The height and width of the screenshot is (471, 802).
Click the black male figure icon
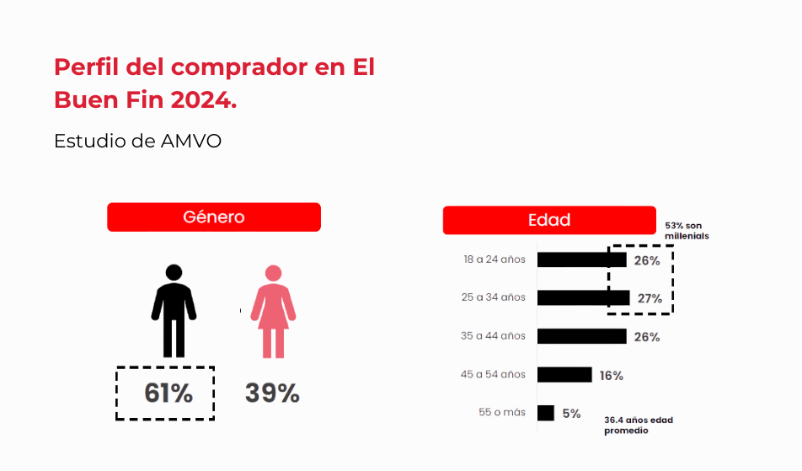pyautogui.click(x=174, y=311)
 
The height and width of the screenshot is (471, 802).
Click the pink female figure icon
pyautogui.click(x=273, y=311)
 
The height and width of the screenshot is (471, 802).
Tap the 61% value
pyautogui.click(x=168, y=393)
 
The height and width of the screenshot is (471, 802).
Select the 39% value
pyautogui.click(x=272, y=393)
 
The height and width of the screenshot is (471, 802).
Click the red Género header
pyautogui.click(x=214, y=217)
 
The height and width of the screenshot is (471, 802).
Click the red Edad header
pyautogui.click(x=549, y=221)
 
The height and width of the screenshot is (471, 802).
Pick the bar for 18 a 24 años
pyautogui.click(x=581, y=260)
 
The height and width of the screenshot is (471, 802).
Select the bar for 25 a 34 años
pyautogui.click(x=583, y=297)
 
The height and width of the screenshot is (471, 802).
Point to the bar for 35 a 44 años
pyautogui.click(x=581, y=336)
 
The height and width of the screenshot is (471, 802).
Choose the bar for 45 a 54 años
pyautogui.click(x=564, y=374)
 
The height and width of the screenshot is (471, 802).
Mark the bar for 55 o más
pyautogui.click(x=546, y=413)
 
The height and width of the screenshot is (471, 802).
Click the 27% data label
pyautogui.click(x=649, y=298)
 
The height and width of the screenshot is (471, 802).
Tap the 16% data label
pyautogui.click(x=612, y=376)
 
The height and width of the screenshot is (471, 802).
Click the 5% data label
pyautogui.click(x=572, y=414)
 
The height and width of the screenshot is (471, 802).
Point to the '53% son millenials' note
pyautogui.click(x=686, y=231)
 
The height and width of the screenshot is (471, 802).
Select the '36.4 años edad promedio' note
pyautogui.click(x=639, y=425)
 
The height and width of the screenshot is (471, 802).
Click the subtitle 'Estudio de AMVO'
pyautogui.click(x=137, y=141)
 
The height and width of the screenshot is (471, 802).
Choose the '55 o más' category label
pyautogui.click(x=501, y=413)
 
